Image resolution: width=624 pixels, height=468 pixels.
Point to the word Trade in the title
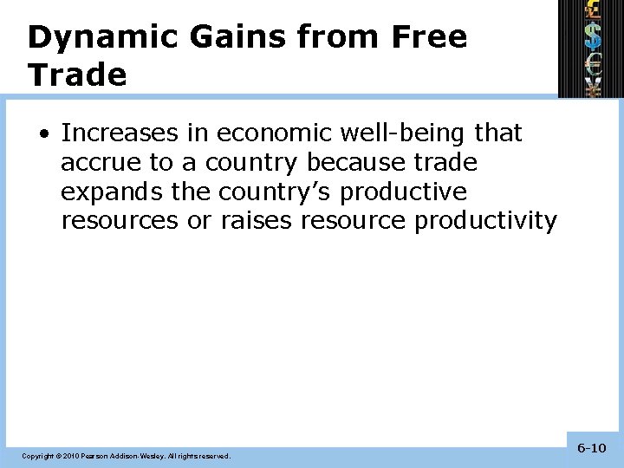[77, 75]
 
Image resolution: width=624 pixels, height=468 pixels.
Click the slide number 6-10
[591, 448]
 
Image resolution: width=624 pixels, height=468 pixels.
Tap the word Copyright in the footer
[37, 456]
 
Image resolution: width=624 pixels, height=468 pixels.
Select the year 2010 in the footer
[70, 456]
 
